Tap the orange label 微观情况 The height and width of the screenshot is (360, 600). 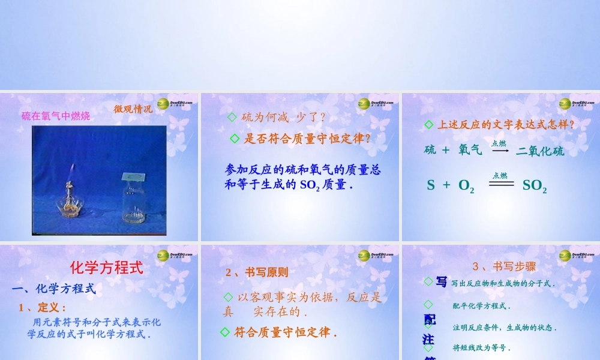(x=133, y=109)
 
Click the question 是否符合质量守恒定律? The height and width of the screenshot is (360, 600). (x=307, y=139)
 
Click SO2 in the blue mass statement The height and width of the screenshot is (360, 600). (x=309, y=185)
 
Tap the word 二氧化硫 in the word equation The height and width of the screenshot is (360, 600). (x=540, y=151)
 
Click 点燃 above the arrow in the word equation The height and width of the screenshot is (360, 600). (x=499, y=143)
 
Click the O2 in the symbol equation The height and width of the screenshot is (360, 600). (x=466, y=186)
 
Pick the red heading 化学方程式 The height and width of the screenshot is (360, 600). (x=107, y=268)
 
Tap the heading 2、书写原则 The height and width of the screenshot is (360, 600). (x=257, y=272)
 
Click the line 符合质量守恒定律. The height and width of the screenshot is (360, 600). (x=284, y=332)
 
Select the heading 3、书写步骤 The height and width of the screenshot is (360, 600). (x=504, y=266)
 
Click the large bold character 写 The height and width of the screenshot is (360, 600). (x=442, y=282)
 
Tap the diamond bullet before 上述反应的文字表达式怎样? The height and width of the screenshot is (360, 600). (x=428, y=124)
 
